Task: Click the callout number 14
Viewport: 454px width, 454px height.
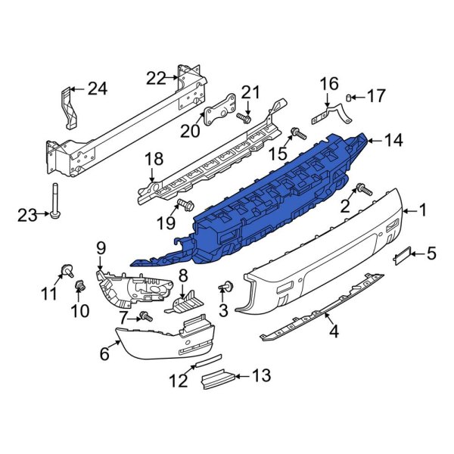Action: coord(393,140)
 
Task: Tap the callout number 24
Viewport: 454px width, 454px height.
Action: coord(98,89)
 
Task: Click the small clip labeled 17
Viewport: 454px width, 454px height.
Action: coord(350,97)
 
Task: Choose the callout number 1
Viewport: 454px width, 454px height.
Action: coord(424,211)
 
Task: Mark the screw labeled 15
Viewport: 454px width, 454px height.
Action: coord(297,133)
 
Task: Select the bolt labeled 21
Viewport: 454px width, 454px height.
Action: coord(244,118)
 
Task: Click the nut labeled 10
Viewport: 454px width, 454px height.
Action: coord(79,286)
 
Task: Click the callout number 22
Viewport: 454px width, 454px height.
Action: coord(156,77)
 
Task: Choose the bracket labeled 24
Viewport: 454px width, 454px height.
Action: coord(68,110)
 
